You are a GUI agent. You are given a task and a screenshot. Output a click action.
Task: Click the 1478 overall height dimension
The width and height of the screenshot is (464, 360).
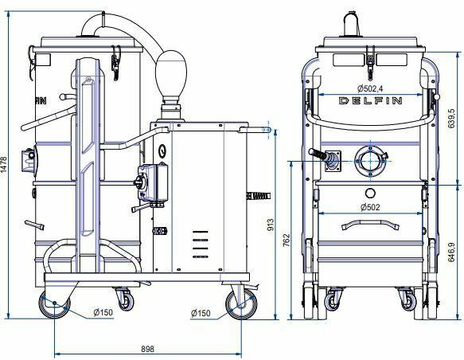click(4, 164)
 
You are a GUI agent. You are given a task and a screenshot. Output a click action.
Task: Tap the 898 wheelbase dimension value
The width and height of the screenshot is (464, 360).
click(147, 349)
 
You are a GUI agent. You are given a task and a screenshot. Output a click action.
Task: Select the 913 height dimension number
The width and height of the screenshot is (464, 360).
click(270, 225)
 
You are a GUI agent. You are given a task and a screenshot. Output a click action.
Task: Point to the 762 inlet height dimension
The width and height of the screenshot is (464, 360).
click(287, 240)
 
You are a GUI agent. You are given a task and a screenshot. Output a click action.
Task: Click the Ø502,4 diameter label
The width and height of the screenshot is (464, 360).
click(370, 88)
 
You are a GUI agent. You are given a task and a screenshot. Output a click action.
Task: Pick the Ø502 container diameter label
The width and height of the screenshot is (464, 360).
click(370, 207)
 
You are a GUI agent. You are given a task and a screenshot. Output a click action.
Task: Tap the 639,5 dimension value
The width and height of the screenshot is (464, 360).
click(451, 119)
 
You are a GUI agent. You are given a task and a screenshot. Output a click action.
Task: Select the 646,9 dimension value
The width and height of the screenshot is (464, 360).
click(451, 252)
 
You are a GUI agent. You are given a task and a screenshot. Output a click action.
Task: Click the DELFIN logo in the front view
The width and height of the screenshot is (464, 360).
click(370, 100)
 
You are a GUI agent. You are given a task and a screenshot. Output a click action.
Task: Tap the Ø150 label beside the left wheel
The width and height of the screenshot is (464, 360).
click(103, 312)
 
